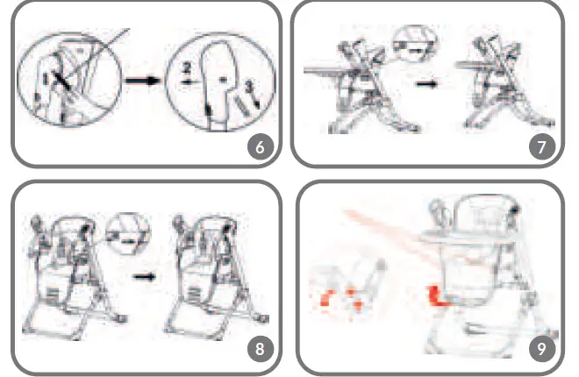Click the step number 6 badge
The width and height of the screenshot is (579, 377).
click(x=258, y=146)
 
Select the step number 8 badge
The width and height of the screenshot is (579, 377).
click(x=258, y=350)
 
